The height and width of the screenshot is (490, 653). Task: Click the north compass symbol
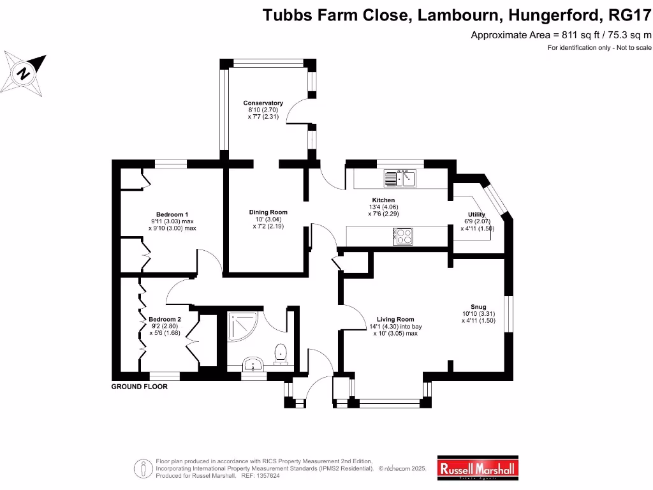point(24,73)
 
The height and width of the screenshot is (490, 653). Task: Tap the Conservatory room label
point(263,103)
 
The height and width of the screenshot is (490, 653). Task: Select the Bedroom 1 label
point(172,214)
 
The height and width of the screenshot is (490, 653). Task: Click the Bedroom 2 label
point(165,319)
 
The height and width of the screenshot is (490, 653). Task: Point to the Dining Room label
point(268,212)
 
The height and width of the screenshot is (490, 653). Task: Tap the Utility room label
point(477,214)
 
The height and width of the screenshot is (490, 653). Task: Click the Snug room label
point(478,307)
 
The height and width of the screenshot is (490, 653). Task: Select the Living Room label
point(395,319)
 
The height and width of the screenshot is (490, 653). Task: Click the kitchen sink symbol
point(400,178)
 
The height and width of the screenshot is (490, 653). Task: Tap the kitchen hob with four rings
point(403,236)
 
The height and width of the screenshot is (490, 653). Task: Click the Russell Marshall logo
point(478,468)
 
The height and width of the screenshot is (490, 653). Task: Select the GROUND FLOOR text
point(140,387)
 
